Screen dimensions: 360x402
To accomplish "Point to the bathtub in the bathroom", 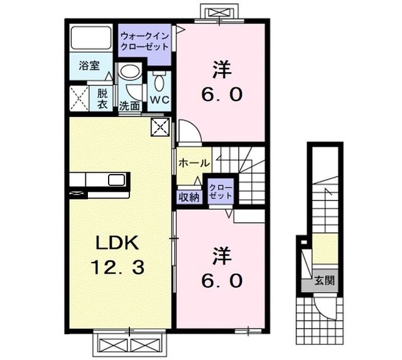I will pyautogui.click(x=92, y=40).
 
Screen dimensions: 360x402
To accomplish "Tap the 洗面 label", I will pyautogui.click(x=129, y=106).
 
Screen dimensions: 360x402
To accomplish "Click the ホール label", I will pyautogui.click(x=194, y=163).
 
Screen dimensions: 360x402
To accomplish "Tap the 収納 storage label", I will pyautogui.click(x=188, y=196).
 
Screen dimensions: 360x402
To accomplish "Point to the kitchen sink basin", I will pyautogui.click(x=117, y=180).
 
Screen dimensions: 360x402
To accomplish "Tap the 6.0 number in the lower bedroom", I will pyautogui.click(x=221, y=281).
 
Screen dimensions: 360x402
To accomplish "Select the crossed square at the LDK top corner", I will pyautogui.click(x=160, y=128).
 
